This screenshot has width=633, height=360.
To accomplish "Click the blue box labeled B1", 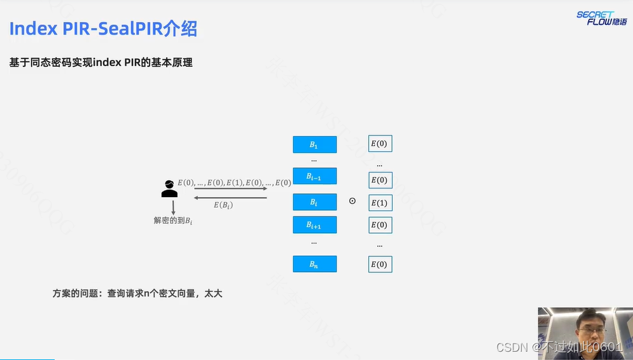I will pos(314,144).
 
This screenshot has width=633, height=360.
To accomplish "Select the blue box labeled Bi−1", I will pos(314,176).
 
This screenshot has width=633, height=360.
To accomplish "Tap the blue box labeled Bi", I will pos(314,202).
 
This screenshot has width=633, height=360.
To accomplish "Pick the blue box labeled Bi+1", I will pos(314,225).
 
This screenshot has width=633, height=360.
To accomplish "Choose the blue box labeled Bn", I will pos(314,264).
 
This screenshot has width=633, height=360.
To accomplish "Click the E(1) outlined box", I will pos(380,203).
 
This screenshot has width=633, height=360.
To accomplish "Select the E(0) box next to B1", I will pos(380,144).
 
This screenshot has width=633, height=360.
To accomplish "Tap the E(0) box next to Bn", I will pos(380,265).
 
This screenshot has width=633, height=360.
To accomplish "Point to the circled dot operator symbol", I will pos(352,201).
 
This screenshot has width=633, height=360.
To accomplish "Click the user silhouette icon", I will pos(169,189).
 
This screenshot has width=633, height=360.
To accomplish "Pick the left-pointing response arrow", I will pos(230,197).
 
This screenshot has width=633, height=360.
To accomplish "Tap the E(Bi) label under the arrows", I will pos(223,205).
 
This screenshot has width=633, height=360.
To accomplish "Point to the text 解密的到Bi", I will pos(172,220).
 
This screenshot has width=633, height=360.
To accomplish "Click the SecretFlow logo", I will pos(601,18).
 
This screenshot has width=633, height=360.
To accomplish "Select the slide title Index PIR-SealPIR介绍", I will pos(103,29).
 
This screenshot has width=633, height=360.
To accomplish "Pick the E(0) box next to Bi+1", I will pos(380,225).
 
